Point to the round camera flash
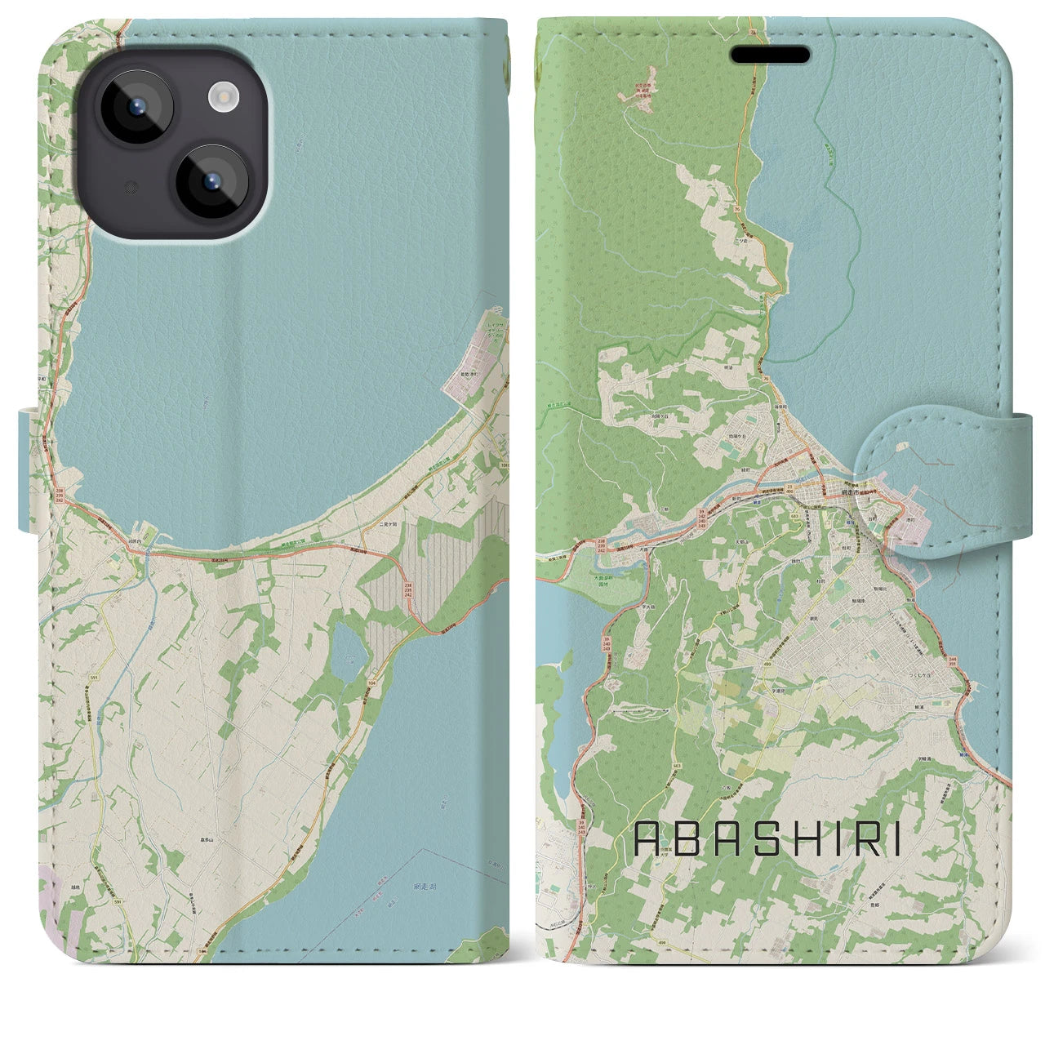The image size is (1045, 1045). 222,99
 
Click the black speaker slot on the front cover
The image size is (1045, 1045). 770,55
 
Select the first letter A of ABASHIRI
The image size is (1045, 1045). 648,838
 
